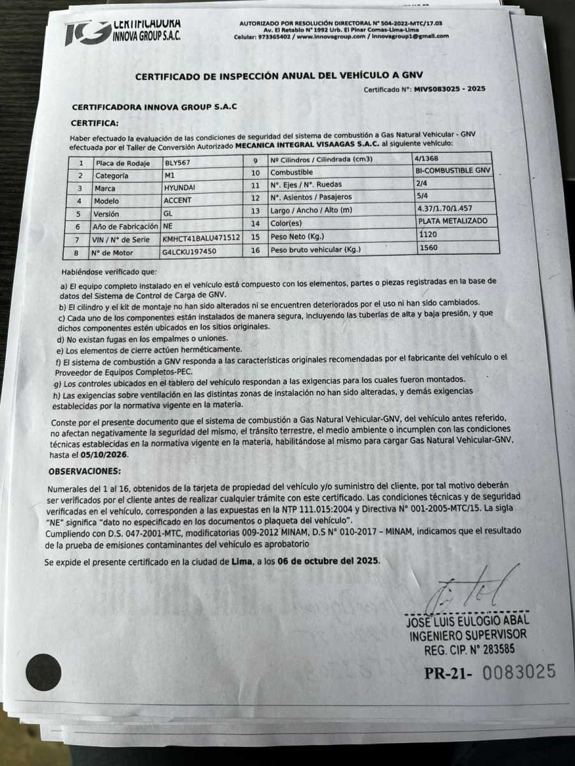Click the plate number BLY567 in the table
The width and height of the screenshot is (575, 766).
[x=178, y=163]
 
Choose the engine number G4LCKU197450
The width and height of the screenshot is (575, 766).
[x=190, y=252]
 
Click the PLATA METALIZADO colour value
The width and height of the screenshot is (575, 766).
[x=452, y=221]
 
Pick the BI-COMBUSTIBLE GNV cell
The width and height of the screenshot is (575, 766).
[x=452, y=170]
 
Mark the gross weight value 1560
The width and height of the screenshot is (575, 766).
[x=429, y=247]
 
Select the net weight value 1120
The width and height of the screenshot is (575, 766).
[x=429, y=234]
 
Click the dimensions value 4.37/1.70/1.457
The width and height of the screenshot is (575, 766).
[x=445, y=208]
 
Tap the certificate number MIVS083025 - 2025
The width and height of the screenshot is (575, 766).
[x=449, y=89]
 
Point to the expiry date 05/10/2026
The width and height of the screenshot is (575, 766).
[x=106, y=454]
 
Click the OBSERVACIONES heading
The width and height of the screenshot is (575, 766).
[x=84, y=471]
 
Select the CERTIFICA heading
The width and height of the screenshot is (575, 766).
[x=95, y=122]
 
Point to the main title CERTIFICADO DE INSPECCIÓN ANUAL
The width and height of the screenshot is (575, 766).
[x=279, y=76]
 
